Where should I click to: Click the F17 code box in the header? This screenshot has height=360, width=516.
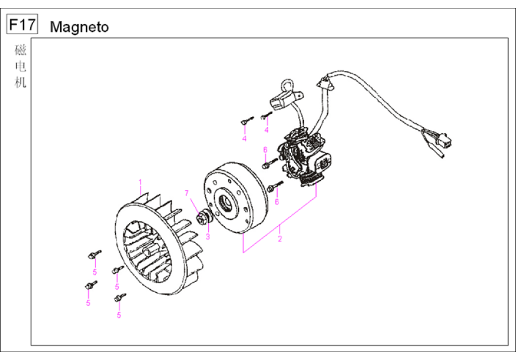click(x=22, y=24)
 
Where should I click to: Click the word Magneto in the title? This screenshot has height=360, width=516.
click(x=79, y=27)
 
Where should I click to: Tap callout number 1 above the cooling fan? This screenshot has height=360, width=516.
click(x=140, y=182)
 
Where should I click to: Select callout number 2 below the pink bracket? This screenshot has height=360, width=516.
click(x=280, y=239)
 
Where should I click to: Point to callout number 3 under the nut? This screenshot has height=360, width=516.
click(x=208, y=236)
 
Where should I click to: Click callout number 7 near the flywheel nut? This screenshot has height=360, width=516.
click(x=187, y=193)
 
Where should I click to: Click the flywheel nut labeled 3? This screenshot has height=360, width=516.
click(x=205, y=218)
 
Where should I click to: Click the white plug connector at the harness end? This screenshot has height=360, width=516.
click(x=444, y=139)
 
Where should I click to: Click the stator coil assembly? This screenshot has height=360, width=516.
click(x=304, y=158)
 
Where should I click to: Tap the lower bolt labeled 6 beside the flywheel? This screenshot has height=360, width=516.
click(x=275, y=187)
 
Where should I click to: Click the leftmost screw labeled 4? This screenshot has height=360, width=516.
click(x=246, y=121)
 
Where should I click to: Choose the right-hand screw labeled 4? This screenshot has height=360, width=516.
click(x=266, y=116)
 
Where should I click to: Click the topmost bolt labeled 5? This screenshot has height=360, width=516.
click(x=94, y=254)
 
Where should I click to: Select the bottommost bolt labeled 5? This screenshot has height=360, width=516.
click(x=120, y=298)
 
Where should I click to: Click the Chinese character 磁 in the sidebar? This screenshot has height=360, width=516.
click(x=20, y=50)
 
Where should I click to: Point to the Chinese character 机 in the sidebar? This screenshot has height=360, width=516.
click(x=20, y=82)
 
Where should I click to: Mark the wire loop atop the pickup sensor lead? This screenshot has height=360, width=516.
click(x=286, y=85)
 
